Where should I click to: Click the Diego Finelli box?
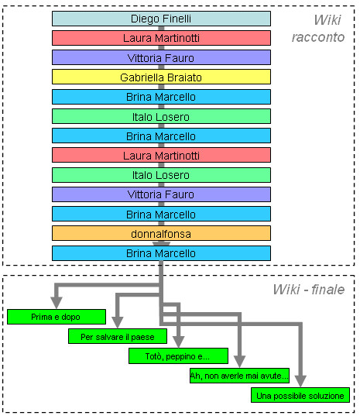pyautogui.click(x=161, y=19)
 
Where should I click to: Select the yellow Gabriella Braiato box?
pyautogui.click(x=161, y=77)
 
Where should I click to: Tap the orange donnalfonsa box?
pyautogui.click(x=161, y=233)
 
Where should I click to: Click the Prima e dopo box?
pyautogui.click(x=57, y=317)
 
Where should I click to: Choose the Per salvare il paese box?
pyautogui.click(x=118, y=336)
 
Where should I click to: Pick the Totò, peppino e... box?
pyautogui.click(x=178, y=356)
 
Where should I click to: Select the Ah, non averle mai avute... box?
pyautogui.click(x=239, y=376)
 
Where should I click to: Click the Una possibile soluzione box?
pyautogui.click(x=300, y=395)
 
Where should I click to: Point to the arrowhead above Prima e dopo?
pyautogui.click(x=57, y=303)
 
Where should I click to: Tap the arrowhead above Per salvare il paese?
pyautogui.click(x=118, y=322)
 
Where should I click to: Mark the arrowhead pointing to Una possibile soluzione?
pyautogui.click(x=300, y=381)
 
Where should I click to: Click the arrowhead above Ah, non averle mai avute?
pyautogui.click(x=239, y=362)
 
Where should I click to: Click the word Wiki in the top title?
pyautogui.click(x=327, y=20)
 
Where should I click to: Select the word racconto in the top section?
pyautogui.click(x=318, y=37)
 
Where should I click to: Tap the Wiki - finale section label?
pyautogui.click(x=309, y=290)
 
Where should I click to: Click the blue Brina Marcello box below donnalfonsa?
pyautogui.click(x=161, y=253)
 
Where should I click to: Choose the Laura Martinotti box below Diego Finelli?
pyautogui.click(x=161, y=38)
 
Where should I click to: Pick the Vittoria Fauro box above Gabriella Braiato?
pyautogui.click(x=161, y=57)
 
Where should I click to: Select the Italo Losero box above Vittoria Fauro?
pyautogui.click(x=161, y=175)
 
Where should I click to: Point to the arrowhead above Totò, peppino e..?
pyautogui.click(x=178, y=342)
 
